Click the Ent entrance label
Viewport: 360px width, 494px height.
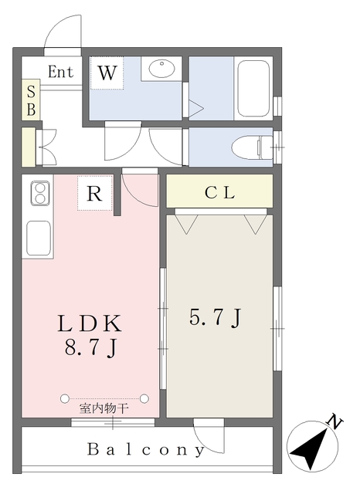pos(60,72)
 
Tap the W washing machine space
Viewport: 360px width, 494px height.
pos(107,73)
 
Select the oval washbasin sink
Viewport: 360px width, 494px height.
pos(161,69)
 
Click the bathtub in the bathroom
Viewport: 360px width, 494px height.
pos(253,89)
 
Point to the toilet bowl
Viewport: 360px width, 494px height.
pos(251,147)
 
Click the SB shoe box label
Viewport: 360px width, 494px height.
pos(31,100)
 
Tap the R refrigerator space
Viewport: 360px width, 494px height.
pos(94,193)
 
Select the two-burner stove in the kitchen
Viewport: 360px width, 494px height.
pos(39,193)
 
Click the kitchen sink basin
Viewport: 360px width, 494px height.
pos(39,238)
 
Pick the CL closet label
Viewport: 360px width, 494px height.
pos(219,193)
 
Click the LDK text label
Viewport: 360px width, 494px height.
pos(90,323)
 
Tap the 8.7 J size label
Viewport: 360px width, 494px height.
pos(91,348)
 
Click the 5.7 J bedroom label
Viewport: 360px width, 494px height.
pos(216,317)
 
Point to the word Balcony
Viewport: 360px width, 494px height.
pos(146,449)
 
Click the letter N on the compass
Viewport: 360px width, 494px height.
pos(335,421)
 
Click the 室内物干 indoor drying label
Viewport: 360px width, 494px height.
pos(104,408)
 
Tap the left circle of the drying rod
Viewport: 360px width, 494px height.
pos(64,398)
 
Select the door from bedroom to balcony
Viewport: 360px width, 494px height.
pos(209,436)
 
